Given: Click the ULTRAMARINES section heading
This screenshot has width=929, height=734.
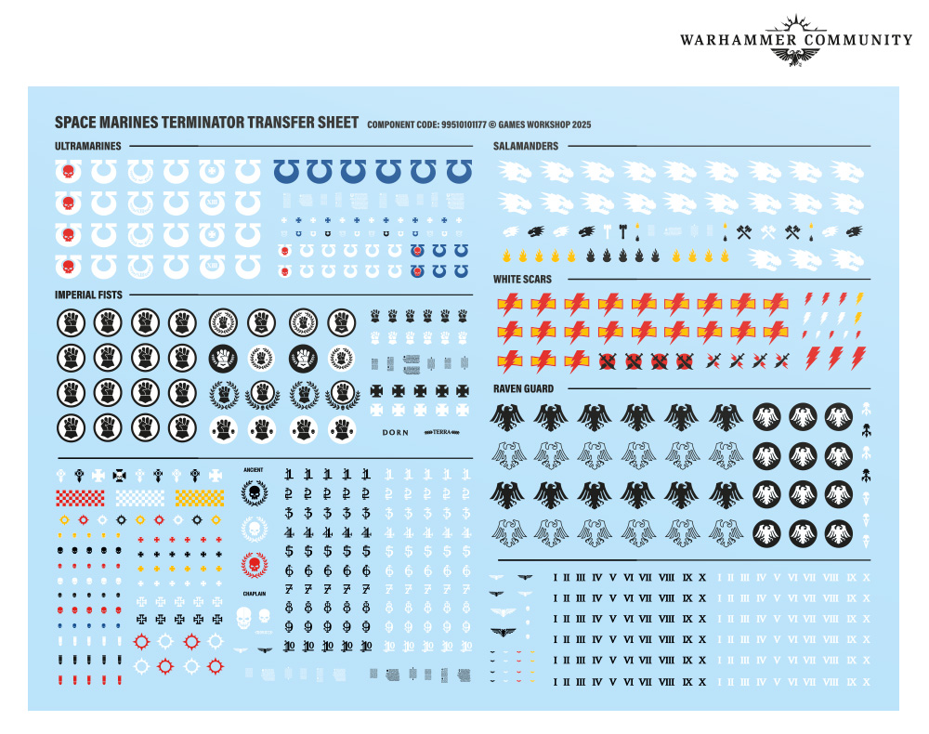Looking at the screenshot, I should (88, 146).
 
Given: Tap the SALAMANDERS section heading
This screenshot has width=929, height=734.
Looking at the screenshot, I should (526, 146).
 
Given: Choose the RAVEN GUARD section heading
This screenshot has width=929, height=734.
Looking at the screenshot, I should (524, 388).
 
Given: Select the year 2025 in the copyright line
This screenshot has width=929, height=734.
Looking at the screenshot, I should (580, 125).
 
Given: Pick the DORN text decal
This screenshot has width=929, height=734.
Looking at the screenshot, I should (396, 432).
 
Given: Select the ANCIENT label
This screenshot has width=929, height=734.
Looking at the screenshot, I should (254, 470).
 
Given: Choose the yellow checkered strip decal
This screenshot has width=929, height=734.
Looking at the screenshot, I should (200, 498).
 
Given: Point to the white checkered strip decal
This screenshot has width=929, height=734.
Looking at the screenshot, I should (139, 498).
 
